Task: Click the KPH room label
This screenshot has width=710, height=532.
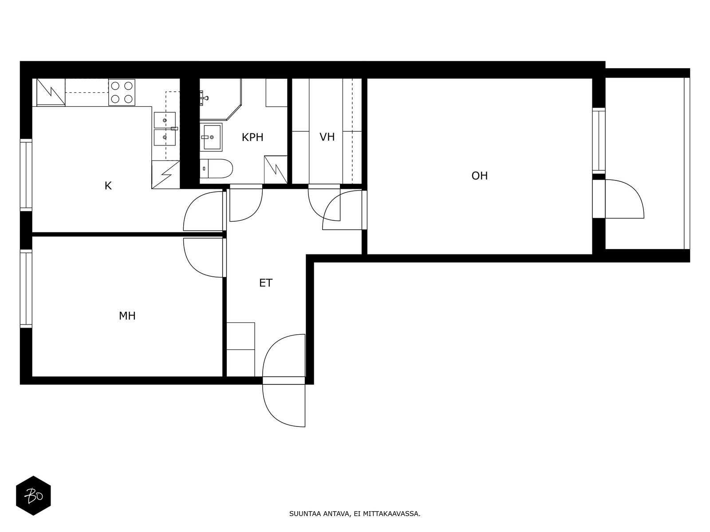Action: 252,137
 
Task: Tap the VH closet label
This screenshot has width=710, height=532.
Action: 327,137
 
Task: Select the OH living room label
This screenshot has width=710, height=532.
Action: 479,176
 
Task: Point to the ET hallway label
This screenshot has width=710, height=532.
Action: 266,283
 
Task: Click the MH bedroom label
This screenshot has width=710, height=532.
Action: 127,316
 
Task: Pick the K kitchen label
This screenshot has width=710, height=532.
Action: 108,186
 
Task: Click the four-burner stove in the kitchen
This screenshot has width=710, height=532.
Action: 122,92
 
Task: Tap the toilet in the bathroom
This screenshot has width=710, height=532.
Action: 216,168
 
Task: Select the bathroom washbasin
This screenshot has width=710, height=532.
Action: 211,137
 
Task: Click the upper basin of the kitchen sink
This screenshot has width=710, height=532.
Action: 165,120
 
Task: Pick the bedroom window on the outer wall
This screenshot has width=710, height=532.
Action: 26,289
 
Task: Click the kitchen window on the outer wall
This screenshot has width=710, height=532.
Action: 26,175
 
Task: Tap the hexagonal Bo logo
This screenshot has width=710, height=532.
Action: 33,496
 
